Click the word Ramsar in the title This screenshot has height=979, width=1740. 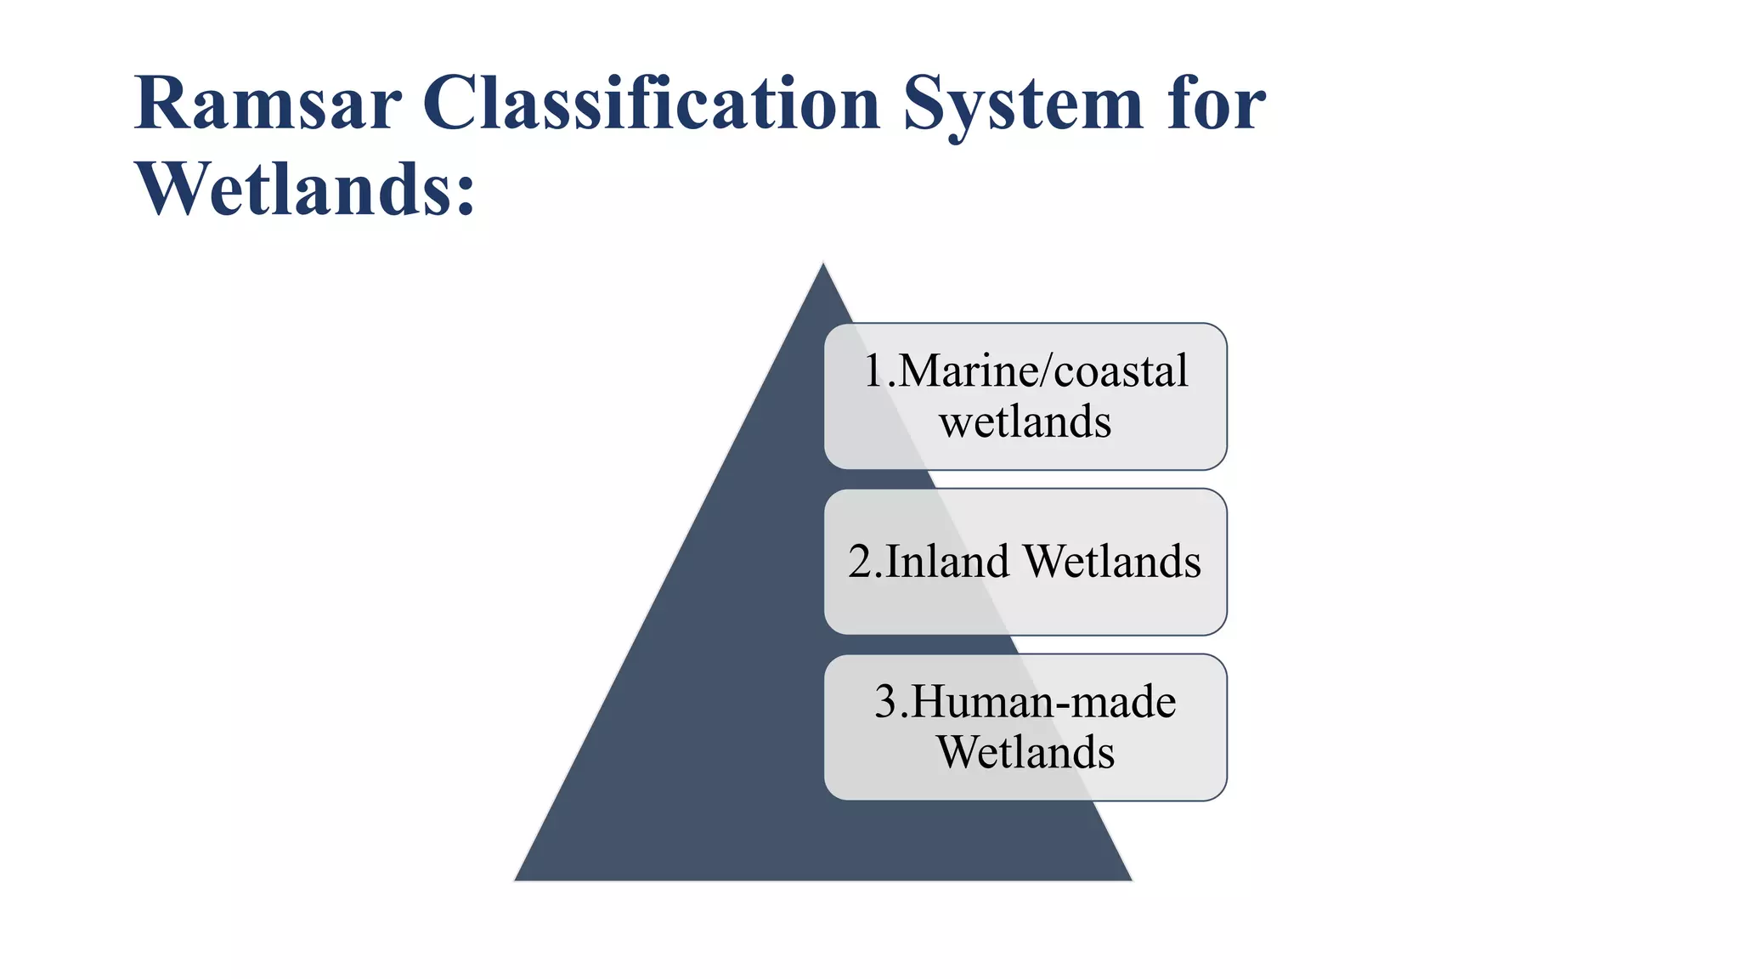tap(267, 104)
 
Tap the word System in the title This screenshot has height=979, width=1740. tap(1024, 105)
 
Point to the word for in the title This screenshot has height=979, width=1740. tap(1216, 104)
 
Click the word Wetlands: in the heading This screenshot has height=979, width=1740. tap(305, 189)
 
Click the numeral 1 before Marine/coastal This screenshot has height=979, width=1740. tap(874, 371)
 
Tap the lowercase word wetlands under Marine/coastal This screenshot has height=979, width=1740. tap(1025, 422)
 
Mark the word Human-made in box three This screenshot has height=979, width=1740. tap(1044, 702)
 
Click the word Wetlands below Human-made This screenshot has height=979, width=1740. tap(1025, 752)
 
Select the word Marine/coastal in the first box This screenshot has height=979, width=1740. tap(1042, 371)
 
